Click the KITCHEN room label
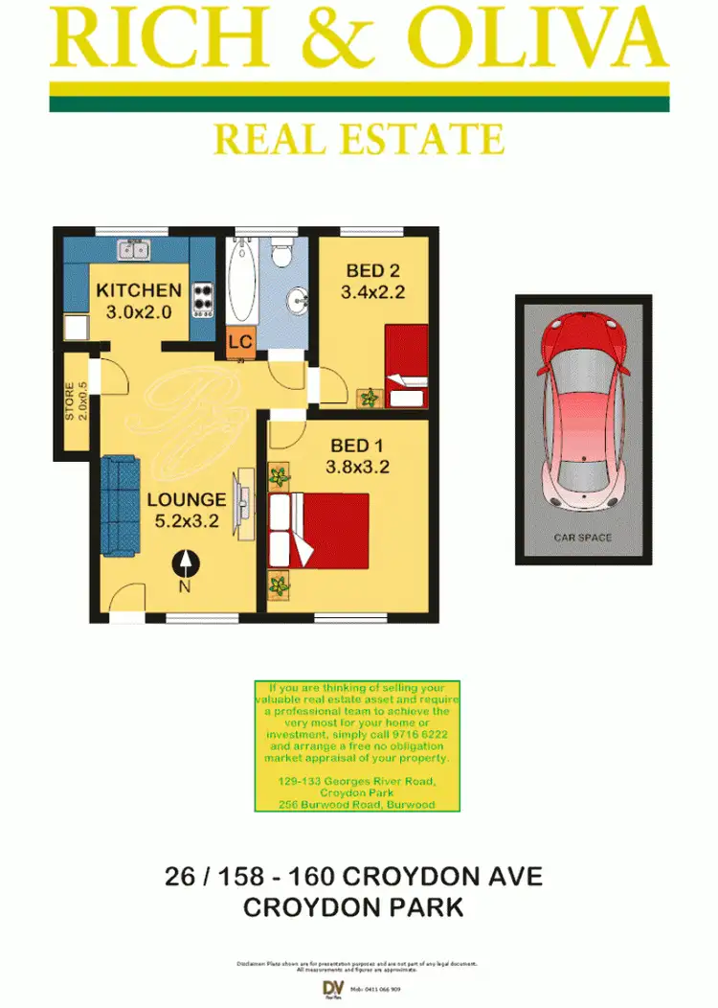[139, 290]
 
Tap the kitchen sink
[133, 250]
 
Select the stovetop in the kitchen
[202, 300]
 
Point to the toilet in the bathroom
[281, 254]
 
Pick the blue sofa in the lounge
[121, 505]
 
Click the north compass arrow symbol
[185, 564]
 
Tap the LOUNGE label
[186, 499]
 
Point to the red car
[583, 412]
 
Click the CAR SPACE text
[582, 538]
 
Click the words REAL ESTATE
[358, 139]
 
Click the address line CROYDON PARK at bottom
[353, 907]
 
